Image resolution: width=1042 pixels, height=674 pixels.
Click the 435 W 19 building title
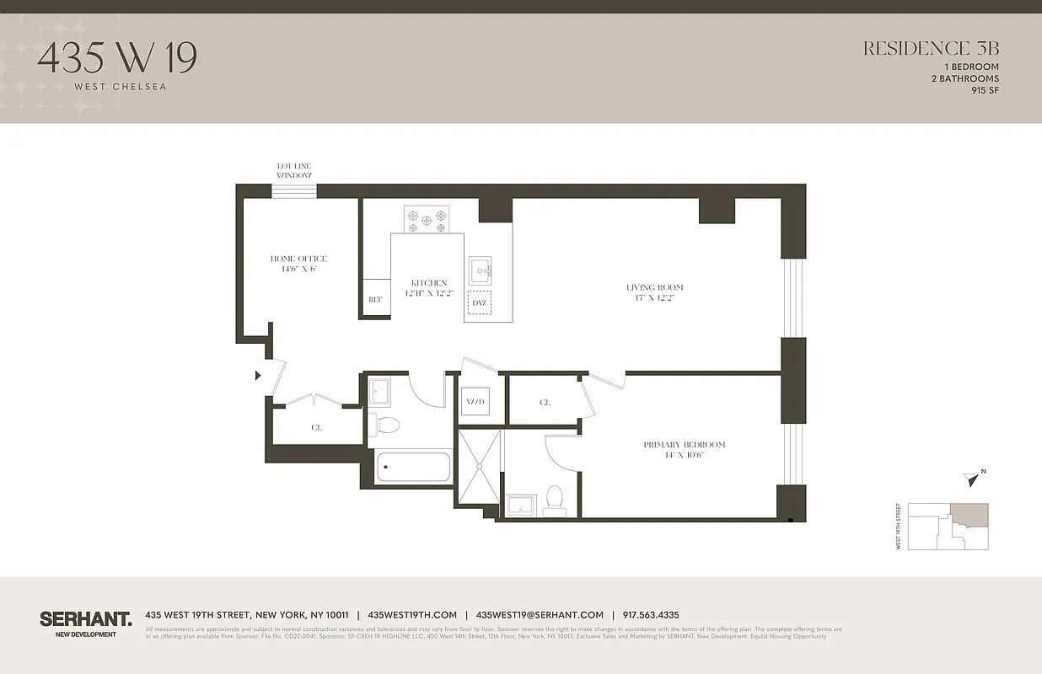coord(117,57)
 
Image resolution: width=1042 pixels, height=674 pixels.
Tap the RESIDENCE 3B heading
coord(931,49)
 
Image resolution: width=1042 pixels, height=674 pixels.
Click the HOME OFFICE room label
coord(298,264)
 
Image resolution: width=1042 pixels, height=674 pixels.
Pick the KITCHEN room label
coord(429,288)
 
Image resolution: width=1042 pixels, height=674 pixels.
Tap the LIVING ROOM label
coord(654,292)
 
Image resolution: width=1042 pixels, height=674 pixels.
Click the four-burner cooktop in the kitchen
coord(427,221)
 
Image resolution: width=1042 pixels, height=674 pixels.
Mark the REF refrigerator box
coord(376,299)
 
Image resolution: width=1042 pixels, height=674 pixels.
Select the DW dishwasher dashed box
coord(480,302)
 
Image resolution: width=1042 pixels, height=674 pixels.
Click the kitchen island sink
coord(481,270)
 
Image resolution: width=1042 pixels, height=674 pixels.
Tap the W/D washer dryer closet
coord(475,403)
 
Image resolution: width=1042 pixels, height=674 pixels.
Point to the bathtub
coord(413,468)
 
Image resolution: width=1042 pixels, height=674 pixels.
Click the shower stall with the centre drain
coord(480,466)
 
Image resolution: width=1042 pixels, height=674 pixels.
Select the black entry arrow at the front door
coord(258,376)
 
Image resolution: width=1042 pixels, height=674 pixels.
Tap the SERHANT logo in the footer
coord(85,619)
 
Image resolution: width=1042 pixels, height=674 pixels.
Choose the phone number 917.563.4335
coord(650,615)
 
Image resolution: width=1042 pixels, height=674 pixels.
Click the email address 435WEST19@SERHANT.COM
coord(540,615)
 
